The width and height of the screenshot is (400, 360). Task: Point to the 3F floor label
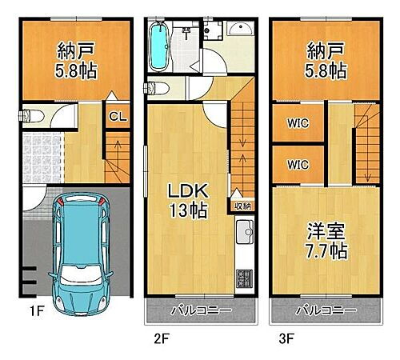coord(285,338)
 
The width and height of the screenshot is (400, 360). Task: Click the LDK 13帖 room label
coord(188,201)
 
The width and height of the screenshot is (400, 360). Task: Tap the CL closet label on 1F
coord(118,116)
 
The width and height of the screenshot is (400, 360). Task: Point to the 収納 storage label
coord(242,206)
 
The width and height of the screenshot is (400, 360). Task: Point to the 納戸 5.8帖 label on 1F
coord(77,60)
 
